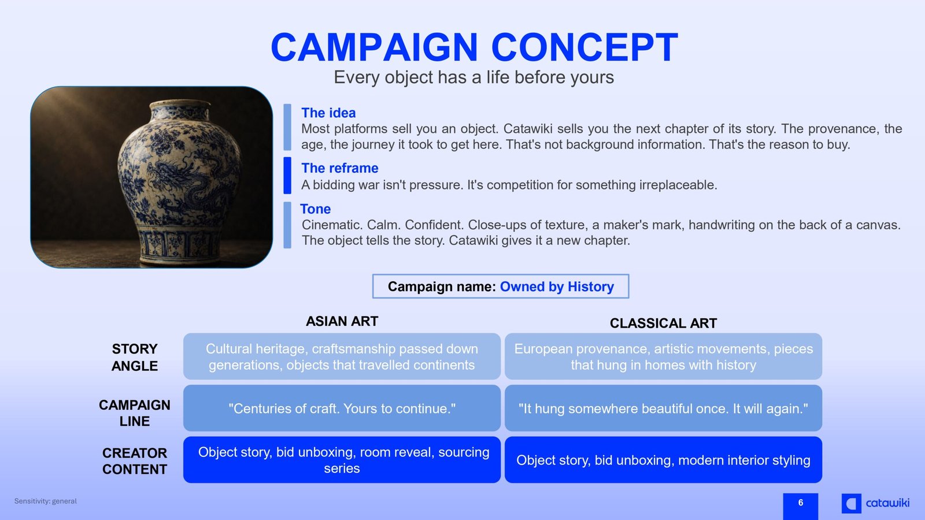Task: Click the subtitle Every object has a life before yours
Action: tap(473, 77)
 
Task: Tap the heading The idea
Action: tap(328, 113)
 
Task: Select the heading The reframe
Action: tap(339, 168)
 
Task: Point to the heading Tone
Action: tap(315, 209)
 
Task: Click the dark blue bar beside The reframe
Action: tap(287, 176)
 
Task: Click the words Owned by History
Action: tap(557, 287)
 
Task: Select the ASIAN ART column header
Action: tap(342, 321)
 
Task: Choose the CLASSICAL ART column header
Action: tap(663, 323)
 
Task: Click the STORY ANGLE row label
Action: tap(135, 358)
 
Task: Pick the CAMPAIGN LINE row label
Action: tap(135, 413)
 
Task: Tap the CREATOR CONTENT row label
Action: tap(135, 461)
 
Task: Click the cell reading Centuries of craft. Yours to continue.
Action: tap(342, 408)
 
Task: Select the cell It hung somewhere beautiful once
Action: tap(663, 408)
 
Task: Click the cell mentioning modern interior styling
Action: tap(663, 460)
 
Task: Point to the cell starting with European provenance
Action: tap(663, 356)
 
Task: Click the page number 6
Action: tap(800, 503)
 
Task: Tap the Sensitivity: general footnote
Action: tap(46, 501)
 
